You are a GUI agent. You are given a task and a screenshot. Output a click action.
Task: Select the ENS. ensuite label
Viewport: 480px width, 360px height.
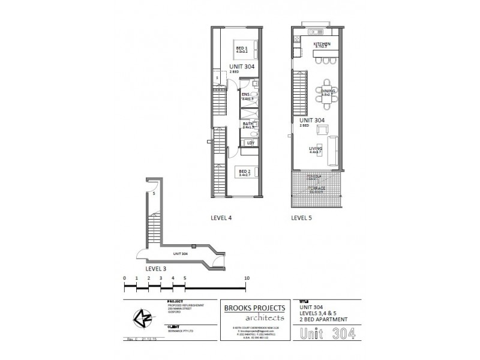[246, 95]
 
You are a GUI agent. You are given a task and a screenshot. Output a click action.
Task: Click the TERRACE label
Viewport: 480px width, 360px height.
[317, 188]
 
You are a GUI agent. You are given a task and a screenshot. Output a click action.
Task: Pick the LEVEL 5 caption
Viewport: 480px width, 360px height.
[302, 219]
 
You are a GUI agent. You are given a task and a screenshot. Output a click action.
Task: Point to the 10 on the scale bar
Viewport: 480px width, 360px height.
[247, 278]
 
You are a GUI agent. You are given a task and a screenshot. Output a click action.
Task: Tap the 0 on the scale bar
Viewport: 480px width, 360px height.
[124, 278]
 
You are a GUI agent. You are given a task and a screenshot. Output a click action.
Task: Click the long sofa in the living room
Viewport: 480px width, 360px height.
[334, 147]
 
